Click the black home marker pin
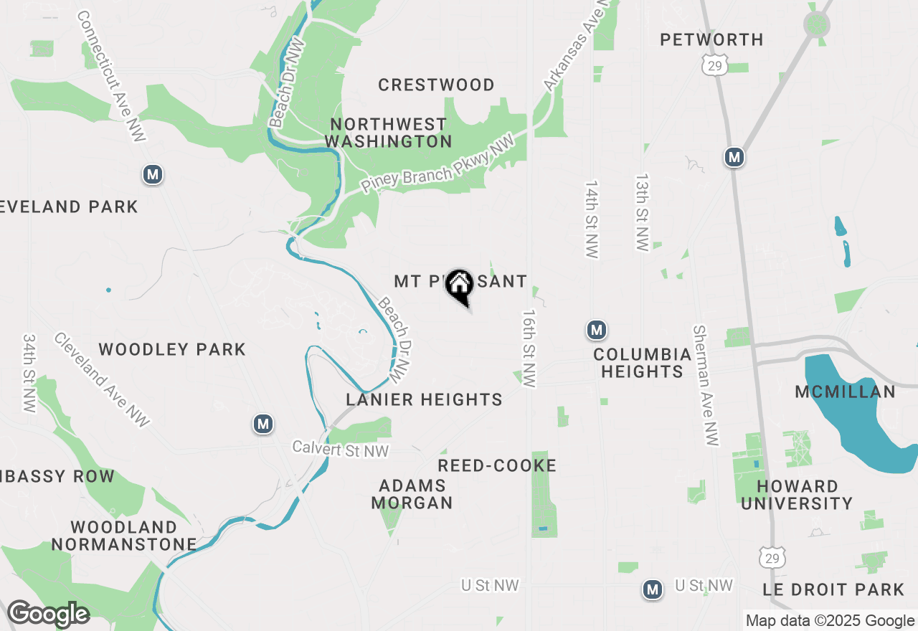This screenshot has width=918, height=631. (x=459, y=285)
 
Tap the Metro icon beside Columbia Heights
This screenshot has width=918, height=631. (x=596, y=331)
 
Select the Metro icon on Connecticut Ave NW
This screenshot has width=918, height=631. (x=151, y=174)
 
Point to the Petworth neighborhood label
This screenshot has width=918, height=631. (x=711, y=39)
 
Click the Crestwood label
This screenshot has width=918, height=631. (x=436, y=85)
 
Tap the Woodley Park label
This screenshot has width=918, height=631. (x=172, y=349)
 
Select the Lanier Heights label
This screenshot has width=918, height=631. (x=424, y=399)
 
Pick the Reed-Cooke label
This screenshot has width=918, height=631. (x=497, y=465)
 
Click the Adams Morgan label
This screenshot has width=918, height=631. (x=412, y=494)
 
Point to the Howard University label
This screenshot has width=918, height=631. (x=797, y=495)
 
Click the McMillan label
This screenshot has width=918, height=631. (x=845, y=392)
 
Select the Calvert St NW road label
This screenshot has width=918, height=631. (x=340, y=450)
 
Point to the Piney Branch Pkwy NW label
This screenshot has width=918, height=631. (x=438, y=163)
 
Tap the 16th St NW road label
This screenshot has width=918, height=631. (x=529, y=348)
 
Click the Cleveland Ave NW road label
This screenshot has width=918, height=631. (x=101, y=380)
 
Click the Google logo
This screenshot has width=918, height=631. (x=47, y=614)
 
